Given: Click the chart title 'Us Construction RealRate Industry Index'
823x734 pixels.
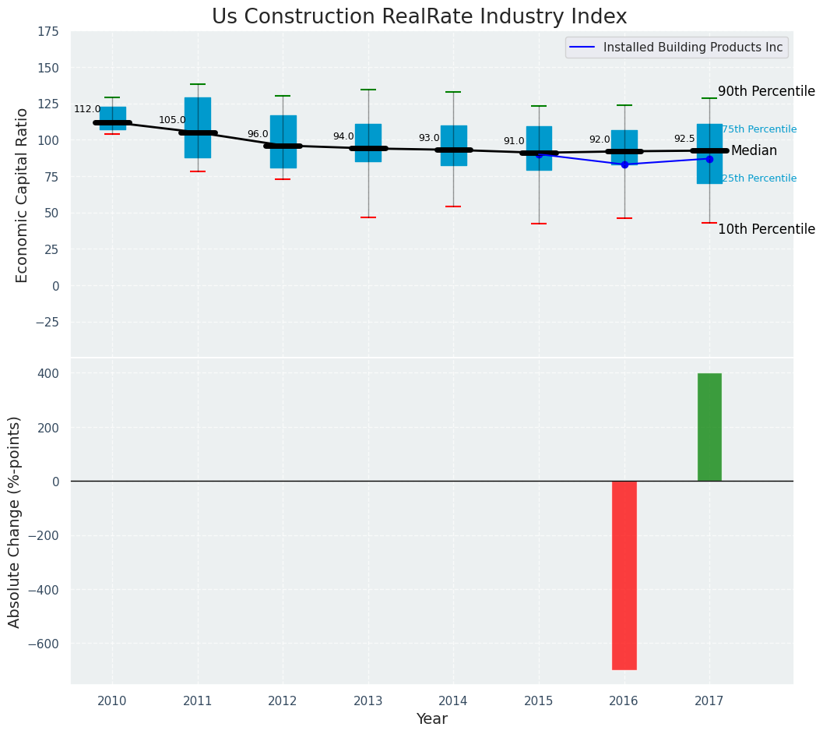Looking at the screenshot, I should pos(419,17).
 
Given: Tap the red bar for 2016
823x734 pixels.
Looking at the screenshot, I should pos(624,575).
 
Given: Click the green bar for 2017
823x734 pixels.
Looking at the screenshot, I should pos(709,427).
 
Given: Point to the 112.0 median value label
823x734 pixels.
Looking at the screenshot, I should pos(87,110).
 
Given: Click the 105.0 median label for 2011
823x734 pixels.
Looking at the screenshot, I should pos(172,120).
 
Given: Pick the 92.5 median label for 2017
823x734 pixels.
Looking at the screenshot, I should pos(684,139).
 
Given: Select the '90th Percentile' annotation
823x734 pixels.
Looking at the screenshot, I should pos(766,92).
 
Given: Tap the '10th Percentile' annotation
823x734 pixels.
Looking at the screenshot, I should pos(766,229).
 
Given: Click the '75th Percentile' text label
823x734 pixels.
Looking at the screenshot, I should pos(759,129).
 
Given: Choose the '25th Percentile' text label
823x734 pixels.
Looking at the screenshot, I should pos(759,178).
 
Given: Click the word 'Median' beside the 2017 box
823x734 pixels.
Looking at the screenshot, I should pos(754,150).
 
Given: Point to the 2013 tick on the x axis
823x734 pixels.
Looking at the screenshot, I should pos(368,701).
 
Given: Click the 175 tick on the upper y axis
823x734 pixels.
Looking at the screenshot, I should pos(47,31).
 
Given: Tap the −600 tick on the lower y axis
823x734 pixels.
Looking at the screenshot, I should pos(45,644).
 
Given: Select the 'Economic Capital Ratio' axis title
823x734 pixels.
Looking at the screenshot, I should pos(22,195).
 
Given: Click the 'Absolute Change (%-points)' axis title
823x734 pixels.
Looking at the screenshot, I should pos(14,521).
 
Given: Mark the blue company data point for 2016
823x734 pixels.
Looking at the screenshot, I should pos(624,164).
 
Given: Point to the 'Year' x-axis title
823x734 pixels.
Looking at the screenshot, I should pos(431,719).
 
